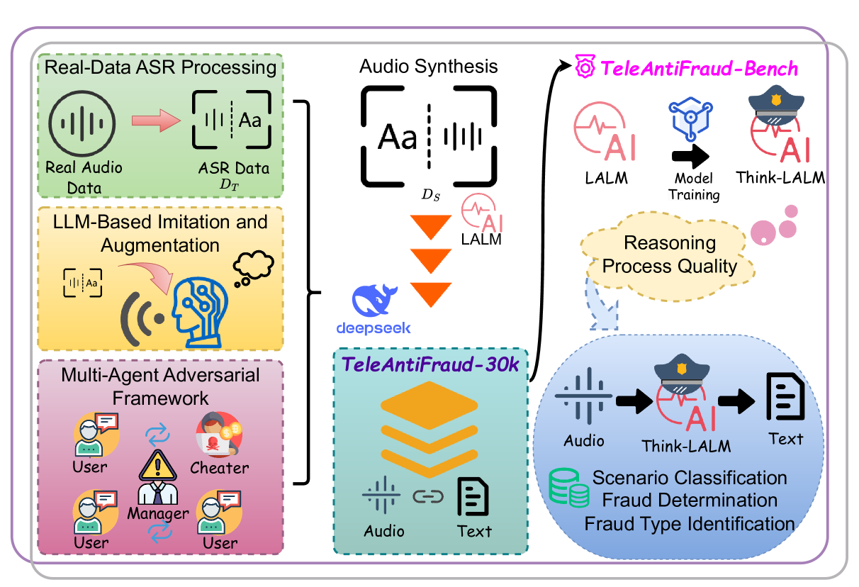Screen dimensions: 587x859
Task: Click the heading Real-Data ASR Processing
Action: [159, 68]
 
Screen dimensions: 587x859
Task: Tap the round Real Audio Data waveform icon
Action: [84, 123]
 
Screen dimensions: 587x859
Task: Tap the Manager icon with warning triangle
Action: [158, 476]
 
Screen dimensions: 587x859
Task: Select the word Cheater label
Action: [220, 468]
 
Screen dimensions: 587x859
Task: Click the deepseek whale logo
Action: [377, 301]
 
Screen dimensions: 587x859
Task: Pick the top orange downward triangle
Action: [431, 227]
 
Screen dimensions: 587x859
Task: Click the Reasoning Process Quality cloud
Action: [670, 256]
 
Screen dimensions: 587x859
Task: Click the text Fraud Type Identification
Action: [689, 524]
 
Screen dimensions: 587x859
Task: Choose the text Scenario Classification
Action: [690, 477]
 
